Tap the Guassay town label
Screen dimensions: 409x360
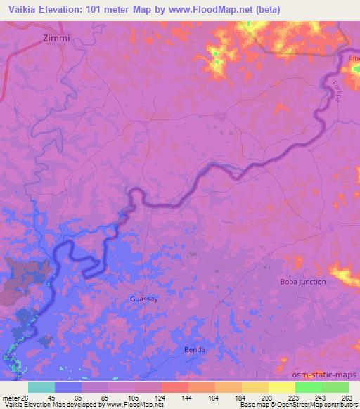click(x=144, y=299)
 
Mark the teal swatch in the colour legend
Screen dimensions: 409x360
click(x=41, y=387)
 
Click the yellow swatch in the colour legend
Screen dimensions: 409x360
click(x=281, y=387)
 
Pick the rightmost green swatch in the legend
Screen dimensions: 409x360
click(x=335, y=387)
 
